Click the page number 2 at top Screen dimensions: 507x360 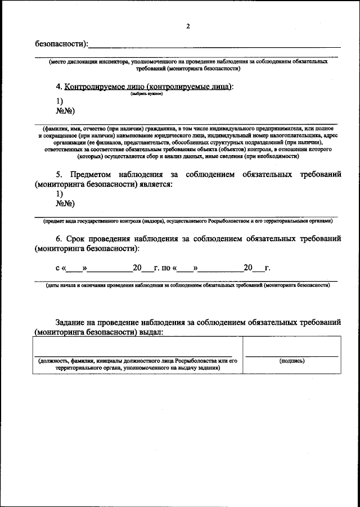tap(188, 25)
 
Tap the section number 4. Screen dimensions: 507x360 tap(58, 87)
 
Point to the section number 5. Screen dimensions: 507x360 tap(58, 175)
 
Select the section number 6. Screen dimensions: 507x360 tap(58, 239)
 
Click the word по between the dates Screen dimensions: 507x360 tap(166, 268)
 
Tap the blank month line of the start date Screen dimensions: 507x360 tap(110, 270)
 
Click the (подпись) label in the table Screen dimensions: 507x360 tap(292, 361)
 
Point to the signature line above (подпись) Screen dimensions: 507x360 tap(292, 355)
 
